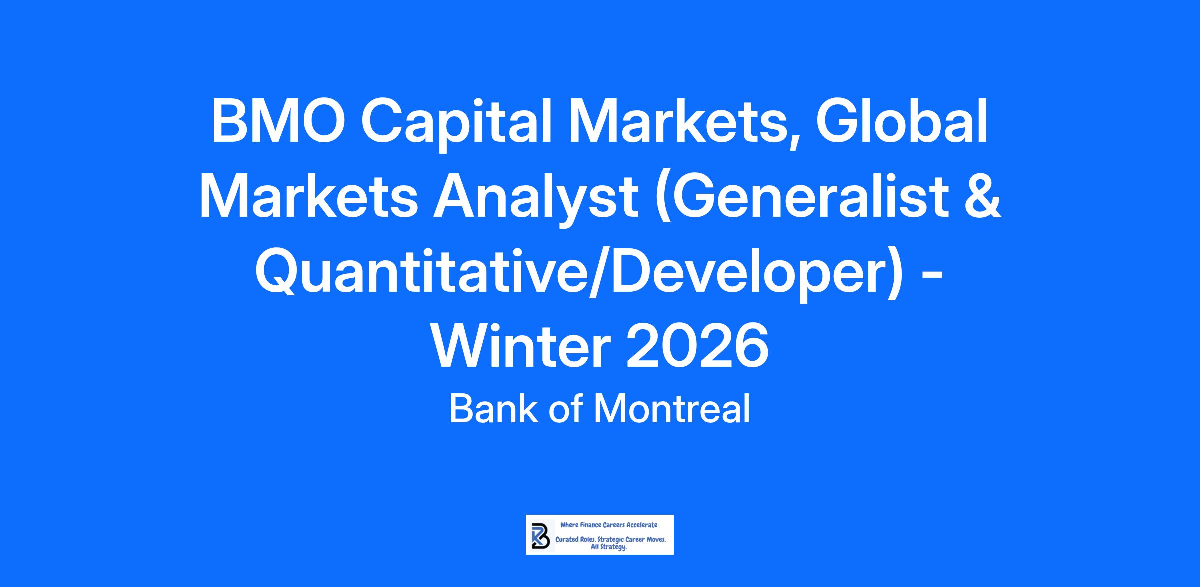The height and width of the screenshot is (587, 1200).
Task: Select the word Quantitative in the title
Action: (425, 272)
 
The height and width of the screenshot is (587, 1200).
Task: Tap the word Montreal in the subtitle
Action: (672, 409)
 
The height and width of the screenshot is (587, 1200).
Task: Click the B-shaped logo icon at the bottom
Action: (540, 535)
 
